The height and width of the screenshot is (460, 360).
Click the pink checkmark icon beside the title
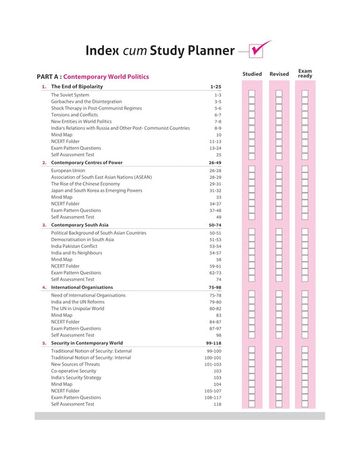pos(259,49)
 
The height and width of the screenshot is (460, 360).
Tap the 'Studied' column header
pos(252,74)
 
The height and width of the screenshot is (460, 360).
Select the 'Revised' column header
pos(278,74)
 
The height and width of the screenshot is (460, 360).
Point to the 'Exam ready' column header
pos(305,74)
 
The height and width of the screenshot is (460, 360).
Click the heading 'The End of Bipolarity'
pos(77,87)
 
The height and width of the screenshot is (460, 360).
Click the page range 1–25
pos(215,87)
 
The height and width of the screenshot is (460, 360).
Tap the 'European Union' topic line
pos(68,171)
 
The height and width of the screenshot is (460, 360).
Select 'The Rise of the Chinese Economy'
pos(85,184)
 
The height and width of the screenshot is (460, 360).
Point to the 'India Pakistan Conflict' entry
pos(78,246)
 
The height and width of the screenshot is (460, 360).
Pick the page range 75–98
pos(215,287)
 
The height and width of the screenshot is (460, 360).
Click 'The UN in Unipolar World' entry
pos(78,309)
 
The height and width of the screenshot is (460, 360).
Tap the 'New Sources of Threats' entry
pos(76,364)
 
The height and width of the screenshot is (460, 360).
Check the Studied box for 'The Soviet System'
pos(252,95)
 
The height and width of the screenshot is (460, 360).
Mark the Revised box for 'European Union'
pos(278,171)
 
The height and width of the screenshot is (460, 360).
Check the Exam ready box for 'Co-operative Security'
pos(305,371)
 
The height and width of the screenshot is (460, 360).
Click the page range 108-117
pos(213,397)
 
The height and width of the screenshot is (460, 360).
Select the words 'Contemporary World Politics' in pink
pos(106,77)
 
